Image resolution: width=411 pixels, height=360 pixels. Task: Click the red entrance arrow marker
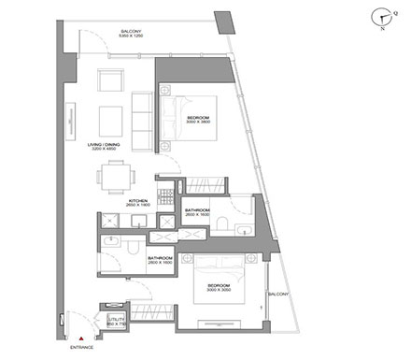(x=83, y=339)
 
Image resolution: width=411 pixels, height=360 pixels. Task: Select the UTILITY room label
(x=117, y=320)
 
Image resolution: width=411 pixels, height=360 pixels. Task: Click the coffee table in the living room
(x=111, y=118)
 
